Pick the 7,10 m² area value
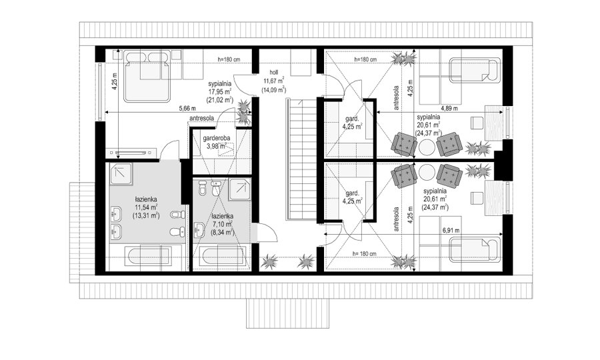point(221,225)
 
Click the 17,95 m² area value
point(219,92)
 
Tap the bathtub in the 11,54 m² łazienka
point(147,257)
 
